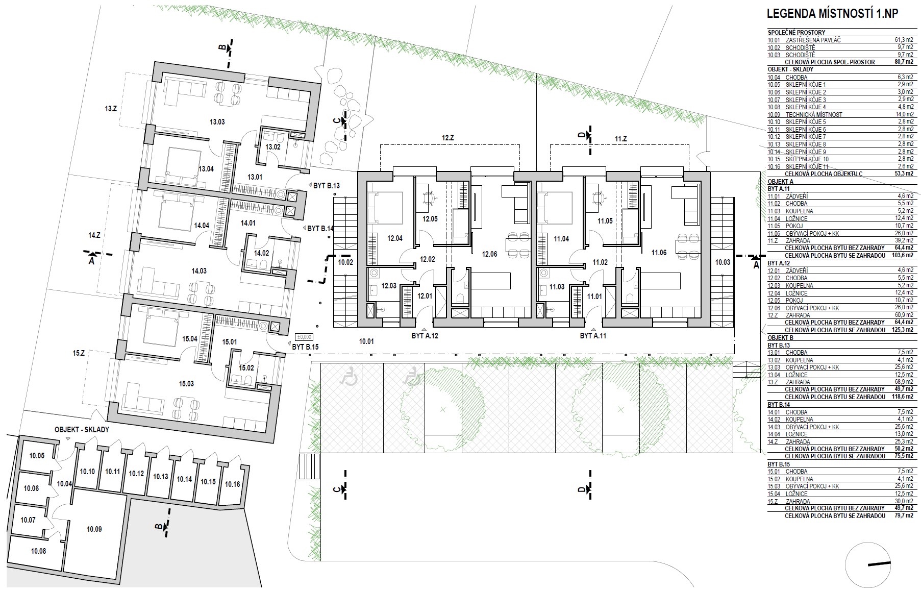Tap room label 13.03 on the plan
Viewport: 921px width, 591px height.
217,122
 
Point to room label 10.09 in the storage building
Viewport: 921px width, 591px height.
94,529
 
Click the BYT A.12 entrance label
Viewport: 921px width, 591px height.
425,336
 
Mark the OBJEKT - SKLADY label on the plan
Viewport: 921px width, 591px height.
82,430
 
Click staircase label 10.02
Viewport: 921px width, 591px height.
345,262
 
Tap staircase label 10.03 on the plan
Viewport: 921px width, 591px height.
723,262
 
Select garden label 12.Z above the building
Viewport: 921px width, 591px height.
447,138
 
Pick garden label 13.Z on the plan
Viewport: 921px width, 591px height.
111,109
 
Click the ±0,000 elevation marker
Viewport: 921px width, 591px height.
305,337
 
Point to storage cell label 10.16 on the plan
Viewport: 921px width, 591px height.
232,484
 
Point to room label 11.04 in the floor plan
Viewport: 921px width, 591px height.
561,238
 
